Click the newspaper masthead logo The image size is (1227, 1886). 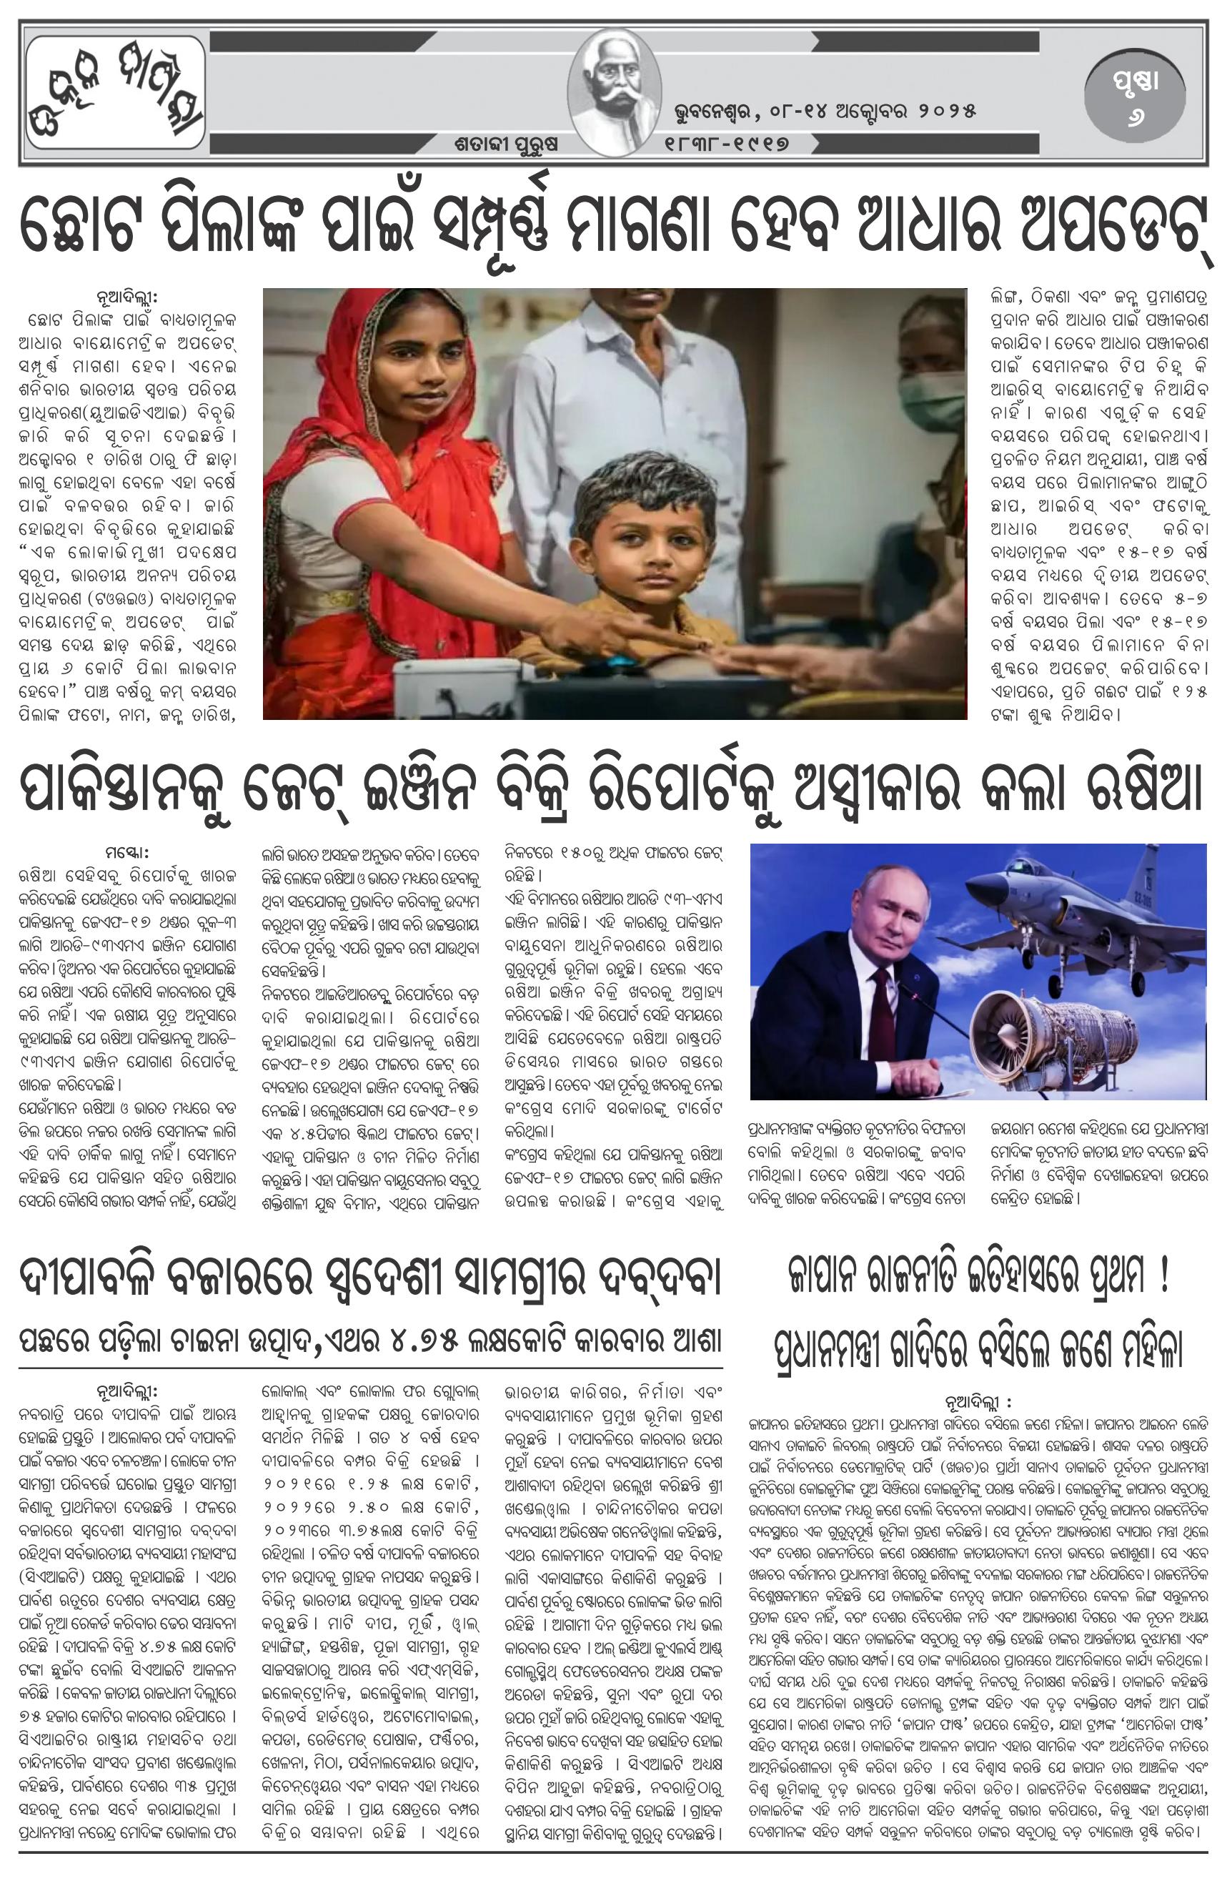click(x=115, y=94)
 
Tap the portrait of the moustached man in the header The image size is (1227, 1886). click(x=614, y=94)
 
